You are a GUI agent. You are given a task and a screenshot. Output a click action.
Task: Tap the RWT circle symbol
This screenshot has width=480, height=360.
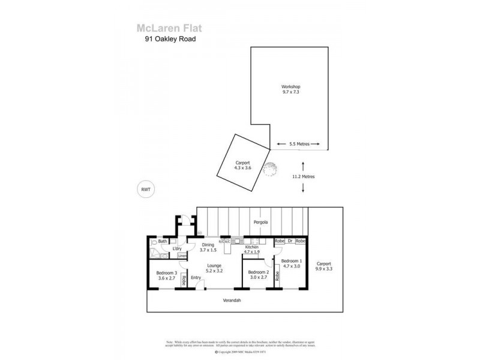click(145, 189)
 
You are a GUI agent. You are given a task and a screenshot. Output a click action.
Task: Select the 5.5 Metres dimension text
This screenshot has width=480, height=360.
click(299, 144)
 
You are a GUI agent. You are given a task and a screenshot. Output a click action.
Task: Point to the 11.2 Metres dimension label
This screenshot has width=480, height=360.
click(303, 177)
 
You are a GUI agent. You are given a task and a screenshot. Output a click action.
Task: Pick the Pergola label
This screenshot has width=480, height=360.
click(259, 223)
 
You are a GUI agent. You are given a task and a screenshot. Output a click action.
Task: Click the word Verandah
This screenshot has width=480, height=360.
click(232, 300)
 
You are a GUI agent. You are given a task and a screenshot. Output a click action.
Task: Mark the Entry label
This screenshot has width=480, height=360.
click(196, 278)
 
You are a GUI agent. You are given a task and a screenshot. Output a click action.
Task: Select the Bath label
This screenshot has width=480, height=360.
click(162, 241)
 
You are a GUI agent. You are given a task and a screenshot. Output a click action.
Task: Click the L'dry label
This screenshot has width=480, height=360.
click(177, 248)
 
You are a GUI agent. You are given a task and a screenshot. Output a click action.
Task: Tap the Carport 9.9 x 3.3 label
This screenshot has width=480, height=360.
click(323, 266)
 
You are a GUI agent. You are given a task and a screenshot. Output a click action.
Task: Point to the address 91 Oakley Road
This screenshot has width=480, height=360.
click(167, 40)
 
